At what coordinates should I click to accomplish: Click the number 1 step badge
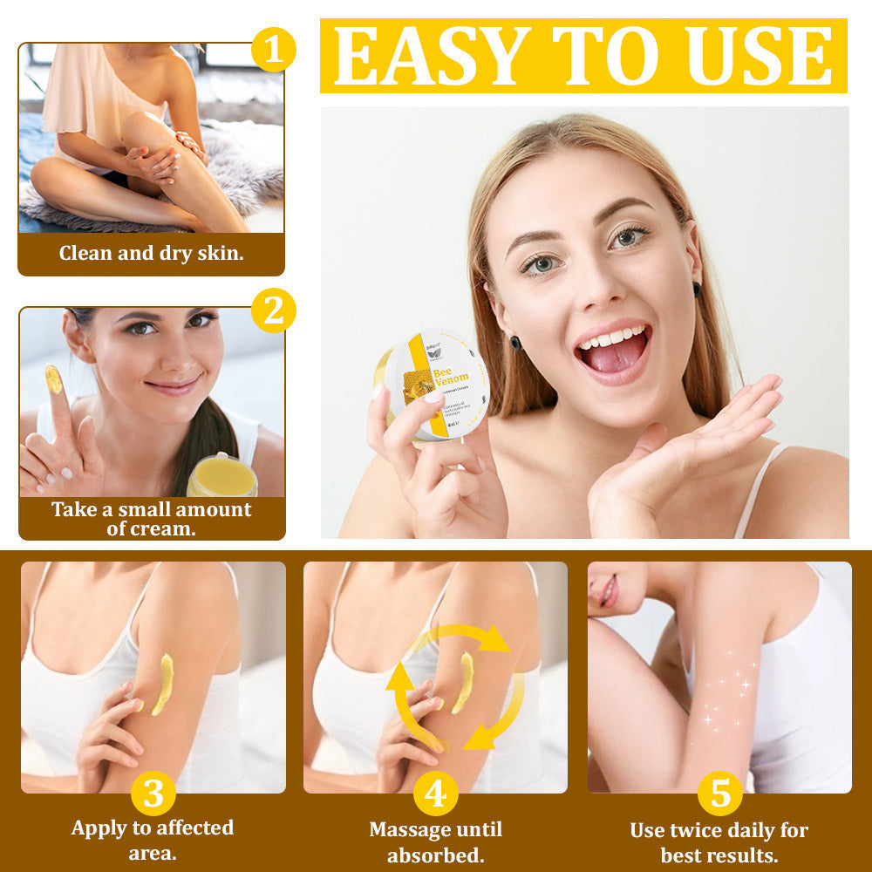coord(274,50)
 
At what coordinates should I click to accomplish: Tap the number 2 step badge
coord(274,310)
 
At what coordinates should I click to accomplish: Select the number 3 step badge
coord(153,794)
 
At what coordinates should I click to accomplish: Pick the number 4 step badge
coord(435,794)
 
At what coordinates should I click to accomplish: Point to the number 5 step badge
coord(719,794)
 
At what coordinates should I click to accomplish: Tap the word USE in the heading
coord(760,57)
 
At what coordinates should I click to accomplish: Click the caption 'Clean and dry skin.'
coord(152,254)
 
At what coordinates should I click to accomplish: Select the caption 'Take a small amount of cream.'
coord(152,518)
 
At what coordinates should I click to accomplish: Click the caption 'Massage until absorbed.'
coord(435,841)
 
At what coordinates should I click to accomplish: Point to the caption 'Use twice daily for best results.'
coord(719,841)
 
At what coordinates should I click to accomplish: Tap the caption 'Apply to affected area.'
coord(153,839)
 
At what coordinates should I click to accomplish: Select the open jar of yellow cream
coord(222,475)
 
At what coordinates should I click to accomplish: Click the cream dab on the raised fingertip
coord(53,379)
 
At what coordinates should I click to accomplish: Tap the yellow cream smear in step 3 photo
coord(162,685)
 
